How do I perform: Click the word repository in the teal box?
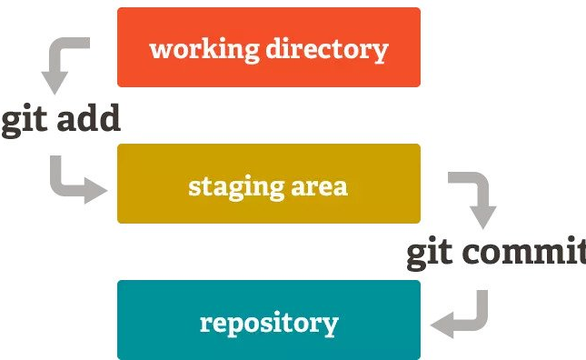pos(268,324)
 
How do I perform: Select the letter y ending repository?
pos(330,325)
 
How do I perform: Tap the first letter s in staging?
pos(194,187)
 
